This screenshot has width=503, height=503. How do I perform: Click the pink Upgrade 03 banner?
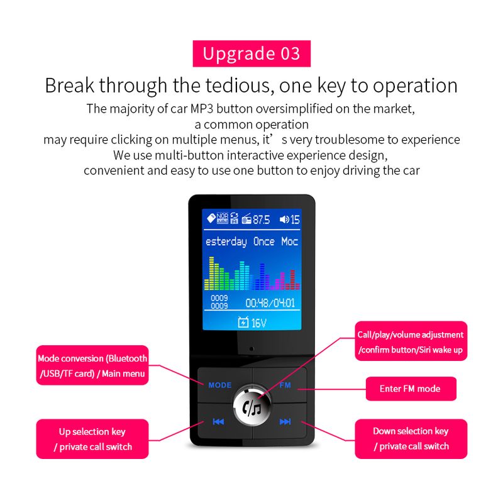251,53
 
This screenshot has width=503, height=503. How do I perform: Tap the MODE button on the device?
220,385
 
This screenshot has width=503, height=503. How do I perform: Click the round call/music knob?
252,407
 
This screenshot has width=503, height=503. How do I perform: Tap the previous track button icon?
218,421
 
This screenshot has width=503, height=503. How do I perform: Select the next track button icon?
285,421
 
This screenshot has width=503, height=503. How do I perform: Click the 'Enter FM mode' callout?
411,389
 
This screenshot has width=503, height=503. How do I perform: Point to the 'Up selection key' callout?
92,439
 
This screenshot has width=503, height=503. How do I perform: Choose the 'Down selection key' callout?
411,439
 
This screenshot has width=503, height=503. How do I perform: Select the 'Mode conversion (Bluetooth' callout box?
92,365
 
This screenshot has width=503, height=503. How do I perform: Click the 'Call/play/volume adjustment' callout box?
411,341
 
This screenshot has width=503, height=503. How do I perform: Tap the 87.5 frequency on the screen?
261,219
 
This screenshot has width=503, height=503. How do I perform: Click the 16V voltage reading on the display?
259,323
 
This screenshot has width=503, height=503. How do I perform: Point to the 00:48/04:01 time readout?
270,303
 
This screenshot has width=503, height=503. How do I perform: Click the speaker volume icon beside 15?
284,219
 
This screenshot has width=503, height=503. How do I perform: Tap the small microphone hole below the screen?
251,349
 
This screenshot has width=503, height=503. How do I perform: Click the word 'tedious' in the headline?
240,86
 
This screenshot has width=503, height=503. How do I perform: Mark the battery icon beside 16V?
243,322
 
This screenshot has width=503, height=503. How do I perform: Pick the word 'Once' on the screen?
263,241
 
